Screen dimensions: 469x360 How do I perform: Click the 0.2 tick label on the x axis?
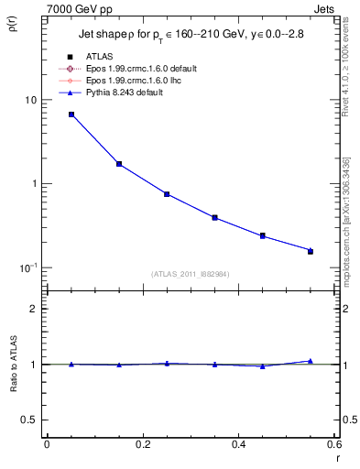pyautogui.click(x=142, y=444)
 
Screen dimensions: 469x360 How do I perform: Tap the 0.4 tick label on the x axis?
pyautogui.click(x=238, y=444)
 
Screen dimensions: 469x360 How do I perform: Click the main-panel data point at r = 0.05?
pyautogui.click(x=71, y=115)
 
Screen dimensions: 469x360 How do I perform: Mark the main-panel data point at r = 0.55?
pyautogui.click(x=311, y=250)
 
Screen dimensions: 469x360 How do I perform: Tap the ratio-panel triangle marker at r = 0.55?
pyautogui.click(x=311, y=361)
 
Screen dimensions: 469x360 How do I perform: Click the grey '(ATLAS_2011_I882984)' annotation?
pyautogui.click(x=191, y=274)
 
